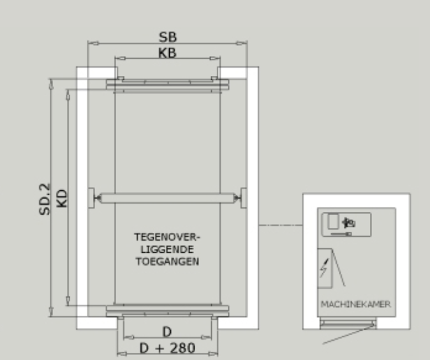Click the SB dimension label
[168, 37]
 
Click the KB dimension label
[167, 53]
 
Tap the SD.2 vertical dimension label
[45, 199]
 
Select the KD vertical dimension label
[62, 199]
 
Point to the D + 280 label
[167, 349]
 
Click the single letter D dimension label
[167, 332]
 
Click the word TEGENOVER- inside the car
[167, 237]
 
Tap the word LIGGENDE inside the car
[167, 250]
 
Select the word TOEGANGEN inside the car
[167, 262]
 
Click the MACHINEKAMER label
[356, 304]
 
